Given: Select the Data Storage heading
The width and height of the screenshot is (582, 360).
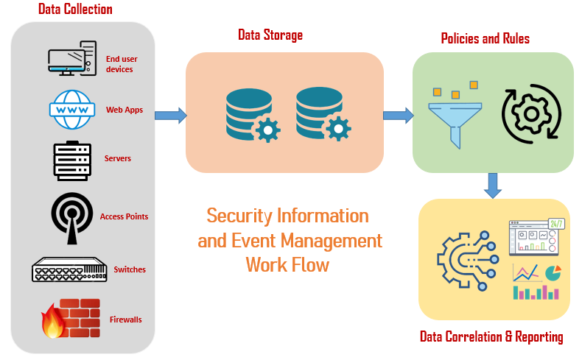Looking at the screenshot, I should point(270,35).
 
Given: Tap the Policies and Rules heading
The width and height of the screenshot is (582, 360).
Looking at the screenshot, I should point(485,38).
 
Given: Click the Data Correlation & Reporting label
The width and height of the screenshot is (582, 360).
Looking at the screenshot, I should point(491,337).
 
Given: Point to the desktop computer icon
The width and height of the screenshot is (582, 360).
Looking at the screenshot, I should point(71,60).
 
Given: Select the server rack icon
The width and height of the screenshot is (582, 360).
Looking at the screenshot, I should point(71,159).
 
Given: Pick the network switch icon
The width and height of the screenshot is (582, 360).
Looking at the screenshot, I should point(69,269).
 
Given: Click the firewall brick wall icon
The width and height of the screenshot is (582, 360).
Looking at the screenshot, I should point(71,319).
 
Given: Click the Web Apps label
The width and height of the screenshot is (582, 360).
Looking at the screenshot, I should point(125,111).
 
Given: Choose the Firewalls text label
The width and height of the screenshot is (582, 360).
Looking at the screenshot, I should point(126,320).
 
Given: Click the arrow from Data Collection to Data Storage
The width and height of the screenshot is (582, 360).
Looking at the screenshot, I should point(170,116).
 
